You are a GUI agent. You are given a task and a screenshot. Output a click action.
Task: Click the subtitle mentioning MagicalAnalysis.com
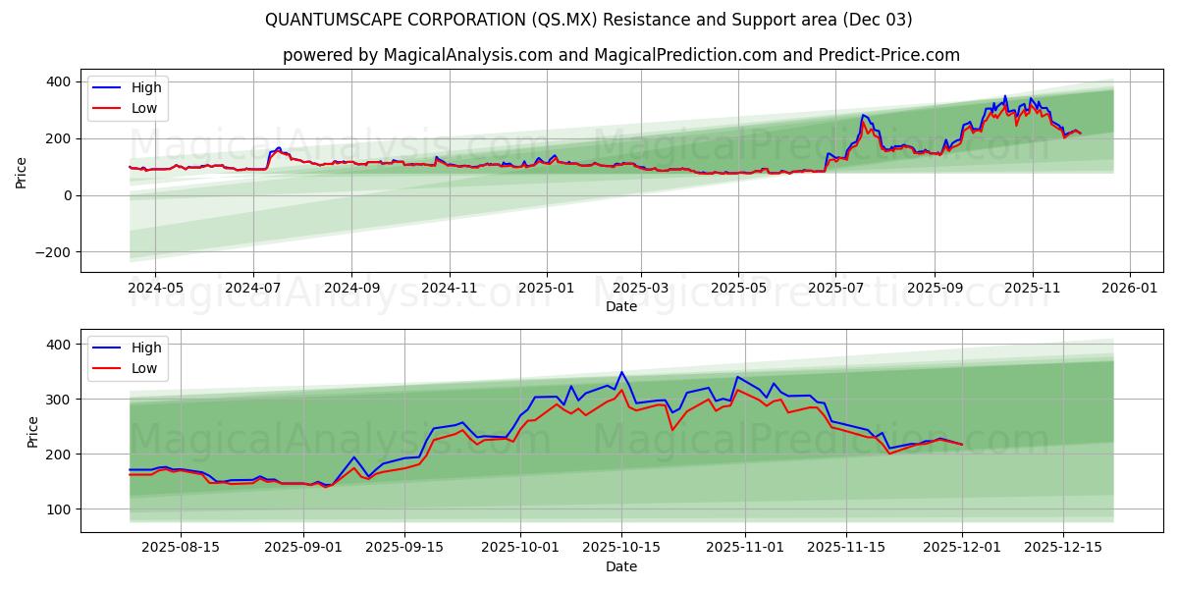[620, 55]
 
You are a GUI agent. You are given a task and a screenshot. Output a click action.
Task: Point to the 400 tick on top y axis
[59, 81]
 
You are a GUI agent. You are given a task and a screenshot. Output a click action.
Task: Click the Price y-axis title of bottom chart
[33, 431]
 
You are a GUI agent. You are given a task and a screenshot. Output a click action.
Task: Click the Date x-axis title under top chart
[620, 306]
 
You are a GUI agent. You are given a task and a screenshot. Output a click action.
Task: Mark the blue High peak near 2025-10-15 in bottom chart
[621, 372]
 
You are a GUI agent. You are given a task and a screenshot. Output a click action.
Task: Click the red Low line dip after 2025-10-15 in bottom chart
[672, 430]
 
